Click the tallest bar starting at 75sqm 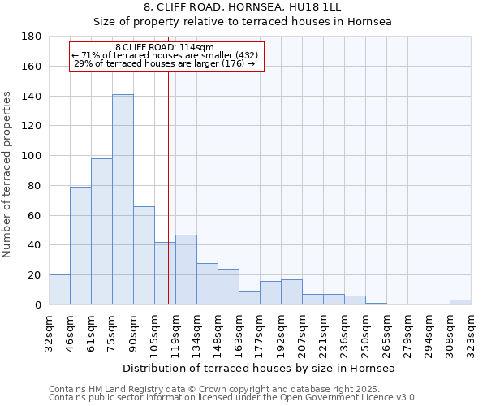(x=123, y=200)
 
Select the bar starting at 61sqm (x=101, y=231)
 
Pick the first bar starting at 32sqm (x=59, y=290)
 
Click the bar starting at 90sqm (x=144, y=256)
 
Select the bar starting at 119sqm (x=186, y=270)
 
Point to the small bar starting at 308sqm (x=460, y=302)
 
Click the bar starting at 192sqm (x=291, y=292)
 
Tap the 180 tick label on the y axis (x=32, y=37)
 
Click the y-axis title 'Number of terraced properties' (x=8, y=175)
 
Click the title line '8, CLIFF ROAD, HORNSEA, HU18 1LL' (x=242, y=7)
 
